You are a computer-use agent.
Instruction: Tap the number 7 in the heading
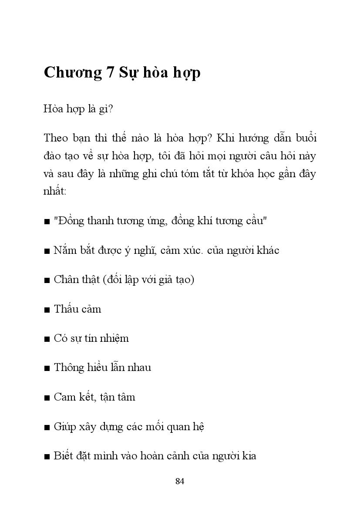click(x=111, y=73)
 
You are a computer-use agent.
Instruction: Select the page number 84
click(x=180, y=481)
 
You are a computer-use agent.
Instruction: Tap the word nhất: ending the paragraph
click(x=55, y=191)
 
